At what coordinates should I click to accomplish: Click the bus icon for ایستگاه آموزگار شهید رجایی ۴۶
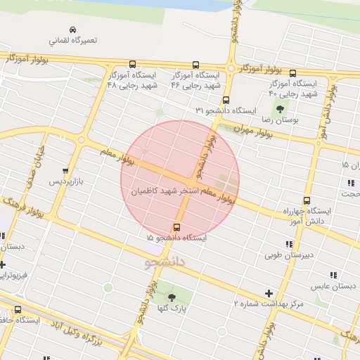point(195,64)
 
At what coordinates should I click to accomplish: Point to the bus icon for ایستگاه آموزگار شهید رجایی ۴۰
point(293,72)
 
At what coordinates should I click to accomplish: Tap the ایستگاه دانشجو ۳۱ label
point(224,111)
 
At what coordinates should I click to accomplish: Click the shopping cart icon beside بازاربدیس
point(66,170)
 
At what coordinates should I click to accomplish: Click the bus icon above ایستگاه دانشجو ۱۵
point(176,227)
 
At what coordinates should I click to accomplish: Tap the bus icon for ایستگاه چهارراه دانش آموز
point(307,200)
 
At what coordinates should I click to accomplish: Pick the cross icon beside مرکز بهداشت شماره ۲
point(269,292)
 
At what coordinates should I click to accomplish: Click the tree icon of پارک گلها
point(172,298)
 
